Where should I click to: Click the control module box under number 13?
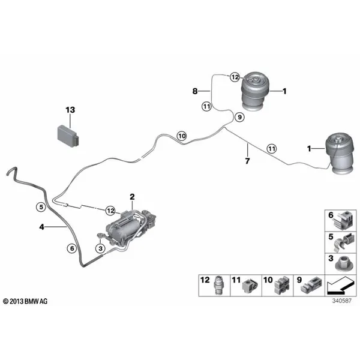pos(68,136)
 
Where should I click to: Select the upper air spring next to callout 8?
pos(255,91)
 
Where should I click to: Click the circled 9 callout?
pos(239,118)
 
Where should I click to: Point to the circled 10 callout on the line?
pos(182,136)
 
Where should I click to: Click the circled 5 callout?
pos(41,207)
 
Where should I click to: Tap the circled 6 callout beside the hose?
pos(72,248)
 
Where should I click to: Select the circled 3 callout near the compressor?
pos(101,248)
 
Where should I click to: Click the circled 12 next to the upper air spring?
pos(235,77)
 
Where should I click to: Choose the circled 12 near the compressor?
pos(110,211)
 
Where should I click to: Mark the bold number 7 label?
pos(247,161)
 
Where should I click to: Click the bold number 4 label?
pos(41,227)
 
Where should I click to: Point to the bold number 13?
pos(70,110)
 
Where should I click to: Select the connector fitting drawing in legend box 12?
pos(218,286)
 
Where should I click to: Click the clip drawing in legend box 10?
pos(281,286)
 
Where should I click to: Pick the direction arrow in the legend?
pos(340,286)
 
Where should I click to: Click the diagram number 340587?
pos(342,301)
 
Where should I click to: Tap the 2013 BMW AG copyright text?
pos(25,301)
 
